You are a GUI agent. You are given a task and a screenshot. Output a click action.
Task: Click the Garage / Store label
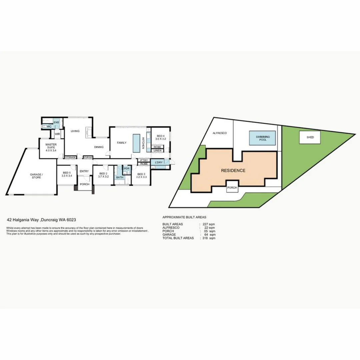[36, 176]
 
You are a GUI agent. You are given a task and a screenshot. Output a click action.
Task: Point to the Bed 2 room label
[104, 175]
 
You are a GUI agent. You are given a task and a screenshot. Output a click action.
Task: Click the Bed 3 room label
[141, 175]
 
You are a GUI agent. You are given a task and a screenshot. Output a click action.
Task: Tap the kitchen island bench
[136, 143]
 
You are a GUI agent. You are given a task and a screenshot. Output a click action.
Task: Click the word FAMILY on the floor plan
[121, 143]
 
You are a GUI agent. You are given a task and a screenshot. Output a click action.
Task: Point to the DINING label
[99, 147]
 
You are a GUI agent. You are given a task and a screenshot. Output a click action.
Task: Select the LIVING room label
[75, 131]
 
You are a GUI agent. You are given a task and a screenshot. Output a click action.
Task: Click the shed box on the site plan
[310, 137]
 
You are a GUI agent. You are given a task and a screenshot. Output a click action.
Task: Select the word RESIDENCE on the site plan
[233, 171]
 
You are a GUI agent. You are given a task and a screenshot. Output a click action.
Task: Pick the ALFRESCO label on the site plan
[220, 133]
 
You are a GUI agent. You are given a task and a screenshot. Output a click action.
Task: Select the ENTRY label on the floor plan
[84, 171]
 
